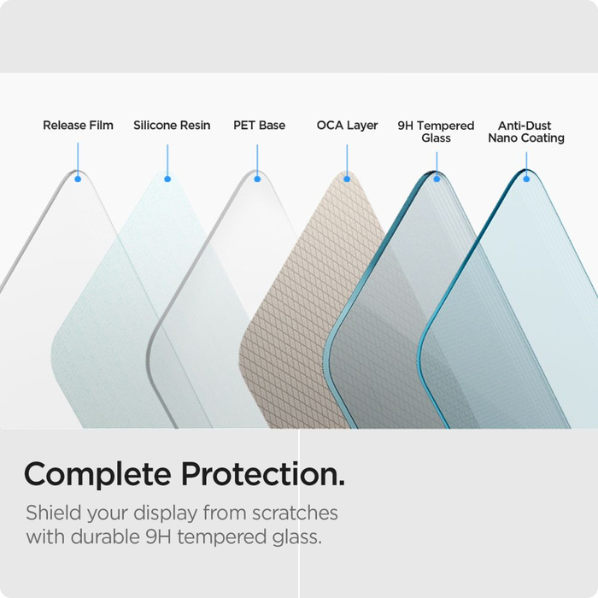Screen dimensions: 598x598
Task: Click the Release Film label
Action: point(78,126)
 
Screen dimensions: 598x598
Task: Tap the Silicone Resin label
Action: point(172,126)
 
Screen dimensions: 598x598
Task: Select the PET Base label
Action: point(259,126)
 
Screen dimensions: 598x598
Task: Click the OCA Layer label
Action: point(347,126)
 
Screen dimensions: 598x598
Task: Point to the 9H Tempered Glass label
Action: point(436,132)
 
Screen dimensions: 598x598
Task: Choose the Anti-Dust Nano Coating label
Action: point(526,132)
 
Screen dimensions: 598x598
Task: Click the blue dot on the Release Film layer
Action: point(78,179)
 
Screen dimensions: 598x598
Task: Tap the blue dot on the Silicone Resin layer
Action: point(167,179)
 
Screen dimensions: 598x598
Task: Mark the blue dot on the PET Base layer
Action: point(257,179)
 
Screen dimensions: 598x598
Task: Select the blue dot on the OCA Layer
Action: point(347,179)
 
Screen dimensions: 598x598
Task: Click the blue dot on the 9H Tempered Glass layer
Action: point(437,179)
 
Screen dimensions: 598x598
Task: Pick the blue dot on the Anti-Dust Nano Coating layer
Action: point(526,179)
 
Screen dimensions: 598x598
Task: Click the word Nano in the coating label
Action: point(505,138)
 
